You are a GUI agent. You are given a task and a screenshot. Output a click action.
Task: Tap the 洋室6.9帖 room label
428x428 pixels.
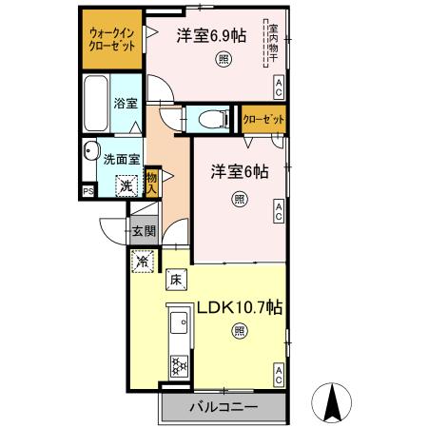click(210, 35)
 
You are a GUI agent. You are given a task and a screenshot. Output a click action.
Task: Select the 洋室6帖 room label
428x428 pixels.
click(239, 172)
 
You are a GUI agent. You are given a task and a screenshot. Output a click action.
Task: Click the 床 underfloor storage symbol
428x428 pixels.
click(176, 280)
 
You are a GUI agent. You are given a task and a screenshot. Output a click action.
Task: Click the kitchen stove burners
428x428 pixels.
click(177, 365)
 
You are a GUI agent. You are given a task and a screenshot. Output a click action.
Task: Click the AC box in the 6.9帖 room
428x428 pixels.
click(278, 88)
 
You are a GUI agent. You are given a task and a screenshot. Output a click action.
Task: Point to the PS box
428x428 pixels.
click(88, 190)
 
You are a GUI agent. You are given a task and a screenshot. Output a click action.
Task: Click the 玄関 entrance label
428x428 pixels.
click(144, 230)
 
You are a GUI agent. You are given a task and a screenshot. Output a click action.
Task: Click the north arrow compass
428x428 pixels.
click(334, 403)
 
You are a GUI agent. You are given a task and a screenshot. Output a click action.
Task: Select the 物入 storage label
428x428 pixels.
click(153, 182)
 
